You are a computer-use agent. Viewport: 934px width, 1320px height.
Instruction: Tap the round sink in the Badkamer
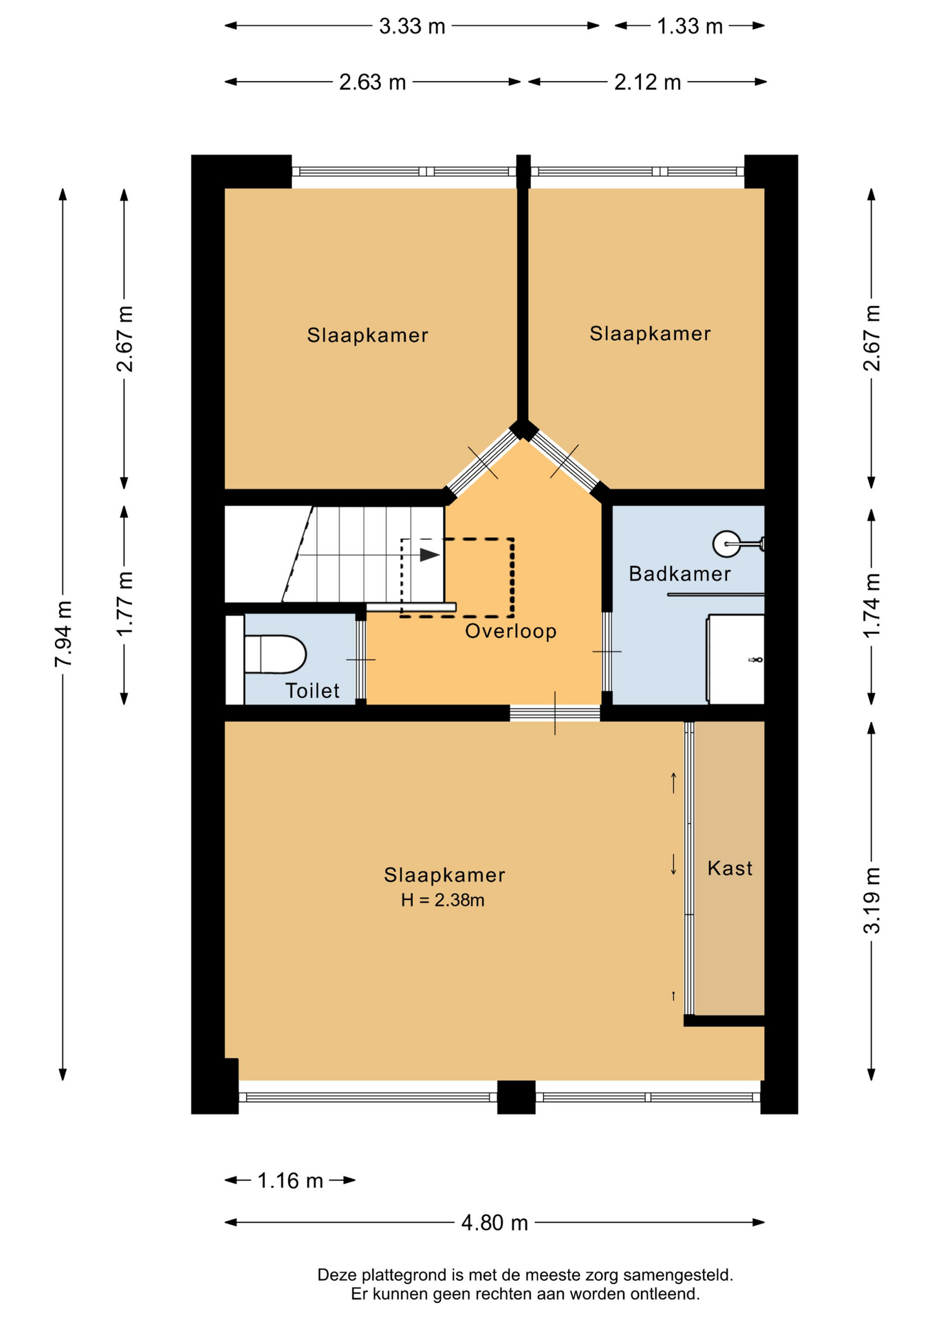[x=726, y=544]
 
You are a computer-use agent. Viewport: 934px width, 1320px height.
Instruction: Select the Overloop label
[x=511, y=631]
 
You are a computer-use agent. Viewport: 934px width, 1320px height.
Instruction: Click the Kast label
[x=730, y=868]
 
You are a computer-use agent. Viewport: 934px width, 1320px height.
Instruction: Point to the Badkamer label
[x=680, y=573]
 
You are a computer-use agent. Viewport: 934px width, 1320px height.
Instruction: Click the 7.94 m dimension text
[x=64, y=634]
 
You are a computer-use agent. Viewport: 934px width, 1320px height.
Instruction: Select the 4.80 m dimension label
[x=495, y=1223]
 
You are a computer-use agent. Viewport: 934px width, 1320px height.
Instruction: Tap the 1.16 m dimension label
[x=290, y=1180]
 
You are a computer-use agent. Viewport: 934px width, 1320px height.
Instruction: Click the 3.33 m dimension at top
[x=412, y=26]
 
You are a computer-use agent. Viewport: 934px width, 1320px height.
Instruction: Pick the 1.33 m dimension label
[x=690, y=26]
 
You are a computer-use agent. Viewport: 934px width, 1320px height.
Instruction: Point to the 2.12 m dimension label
[x=647, y=82]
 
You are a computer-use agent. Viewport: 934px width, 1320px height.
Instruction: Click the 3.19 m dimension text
[x=872, y=901]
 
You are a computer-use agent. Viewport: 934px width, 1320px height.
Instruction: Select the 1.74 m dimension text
[x=872, y=605]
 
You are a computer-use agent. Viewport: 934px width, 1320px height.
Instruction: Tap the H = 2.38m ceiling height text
[x=443, y=900]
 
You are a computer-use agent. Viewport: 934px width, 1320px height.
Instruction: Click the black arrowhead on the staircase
[x=430, y=555]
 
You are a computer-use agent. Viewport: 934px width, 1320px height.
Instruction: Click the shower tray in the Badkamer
[x=736, y=659]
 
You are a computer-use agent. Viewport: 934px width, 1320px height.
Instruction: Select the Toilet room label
[x=312, y=691]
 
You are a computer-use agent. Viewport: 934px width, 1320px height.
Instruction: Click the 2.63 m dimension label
[x=372, y=82]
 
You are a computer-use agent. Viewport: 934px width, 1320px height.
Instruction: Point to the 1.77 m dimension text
[x=125, y=604]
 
